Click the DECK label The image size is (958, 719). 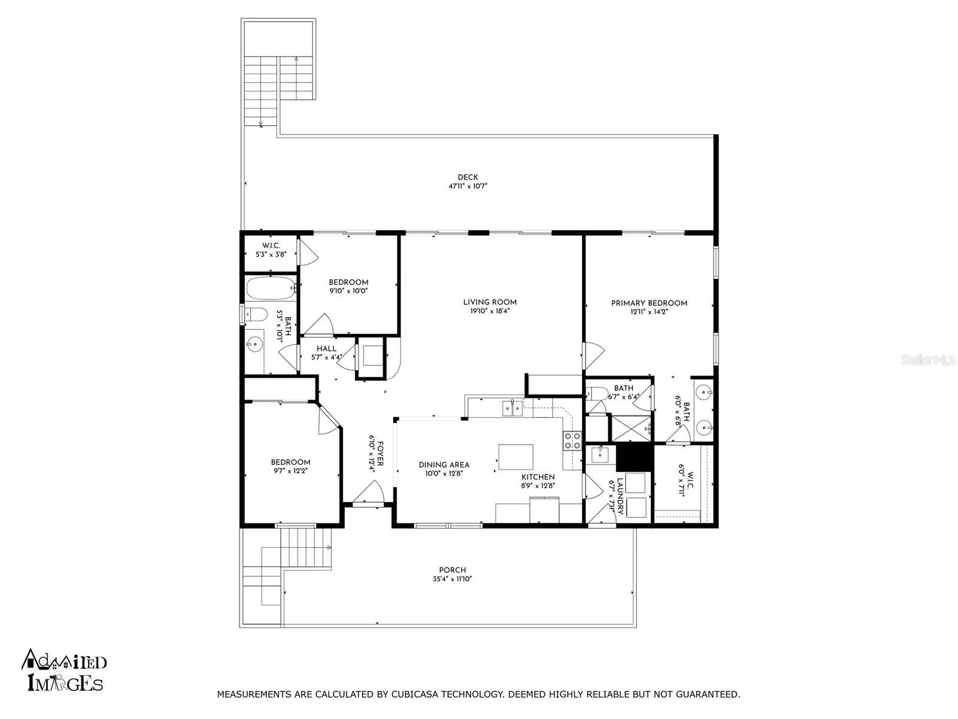[468, 177]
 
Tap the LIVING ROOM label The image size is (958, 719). [490, 302]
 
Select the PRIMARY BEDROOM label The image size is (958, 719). [649, 303]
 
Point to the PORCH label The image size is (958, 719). [453, 570]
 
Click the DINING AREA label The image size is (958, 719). [444, 465]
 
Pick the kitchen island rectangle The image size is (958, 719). [516, 457]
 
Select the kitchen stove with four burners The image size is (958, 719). [572, 441]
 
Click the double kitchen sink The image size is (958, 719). [512, 409]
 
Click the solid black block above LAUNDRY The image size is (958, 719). [634, 458]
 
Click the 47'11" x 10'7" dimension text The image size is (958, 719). [468, 186]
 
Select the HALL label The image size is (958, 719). [326, 349]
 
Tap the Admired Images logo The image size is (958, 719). [64, 670]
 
